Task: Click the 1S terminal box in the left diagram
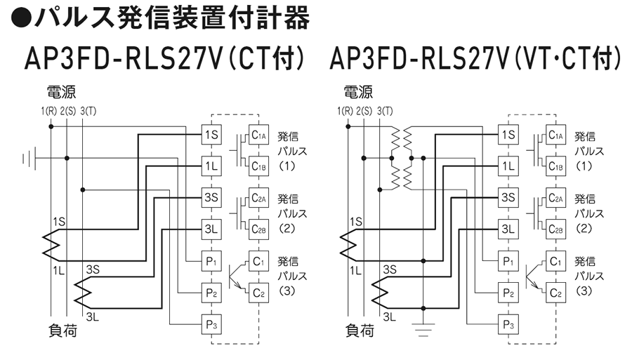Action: tap(211, 134)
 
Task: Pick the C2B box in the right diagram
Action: tap(555, 229)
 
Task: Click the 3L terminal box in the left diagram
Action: tap(211, 229)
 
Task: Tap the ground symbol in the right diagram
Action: tap(423, 326)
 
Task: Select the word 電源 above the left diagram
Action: tap(62, 92)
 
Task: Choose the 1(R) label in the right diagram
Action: tap(345, 111)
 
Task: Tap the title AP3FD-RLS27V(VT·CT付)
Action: tap(475, 60)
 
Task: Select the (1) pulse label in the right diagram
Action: tap(584, 166)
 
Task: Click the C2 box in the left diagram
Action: tap(259, 293)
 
